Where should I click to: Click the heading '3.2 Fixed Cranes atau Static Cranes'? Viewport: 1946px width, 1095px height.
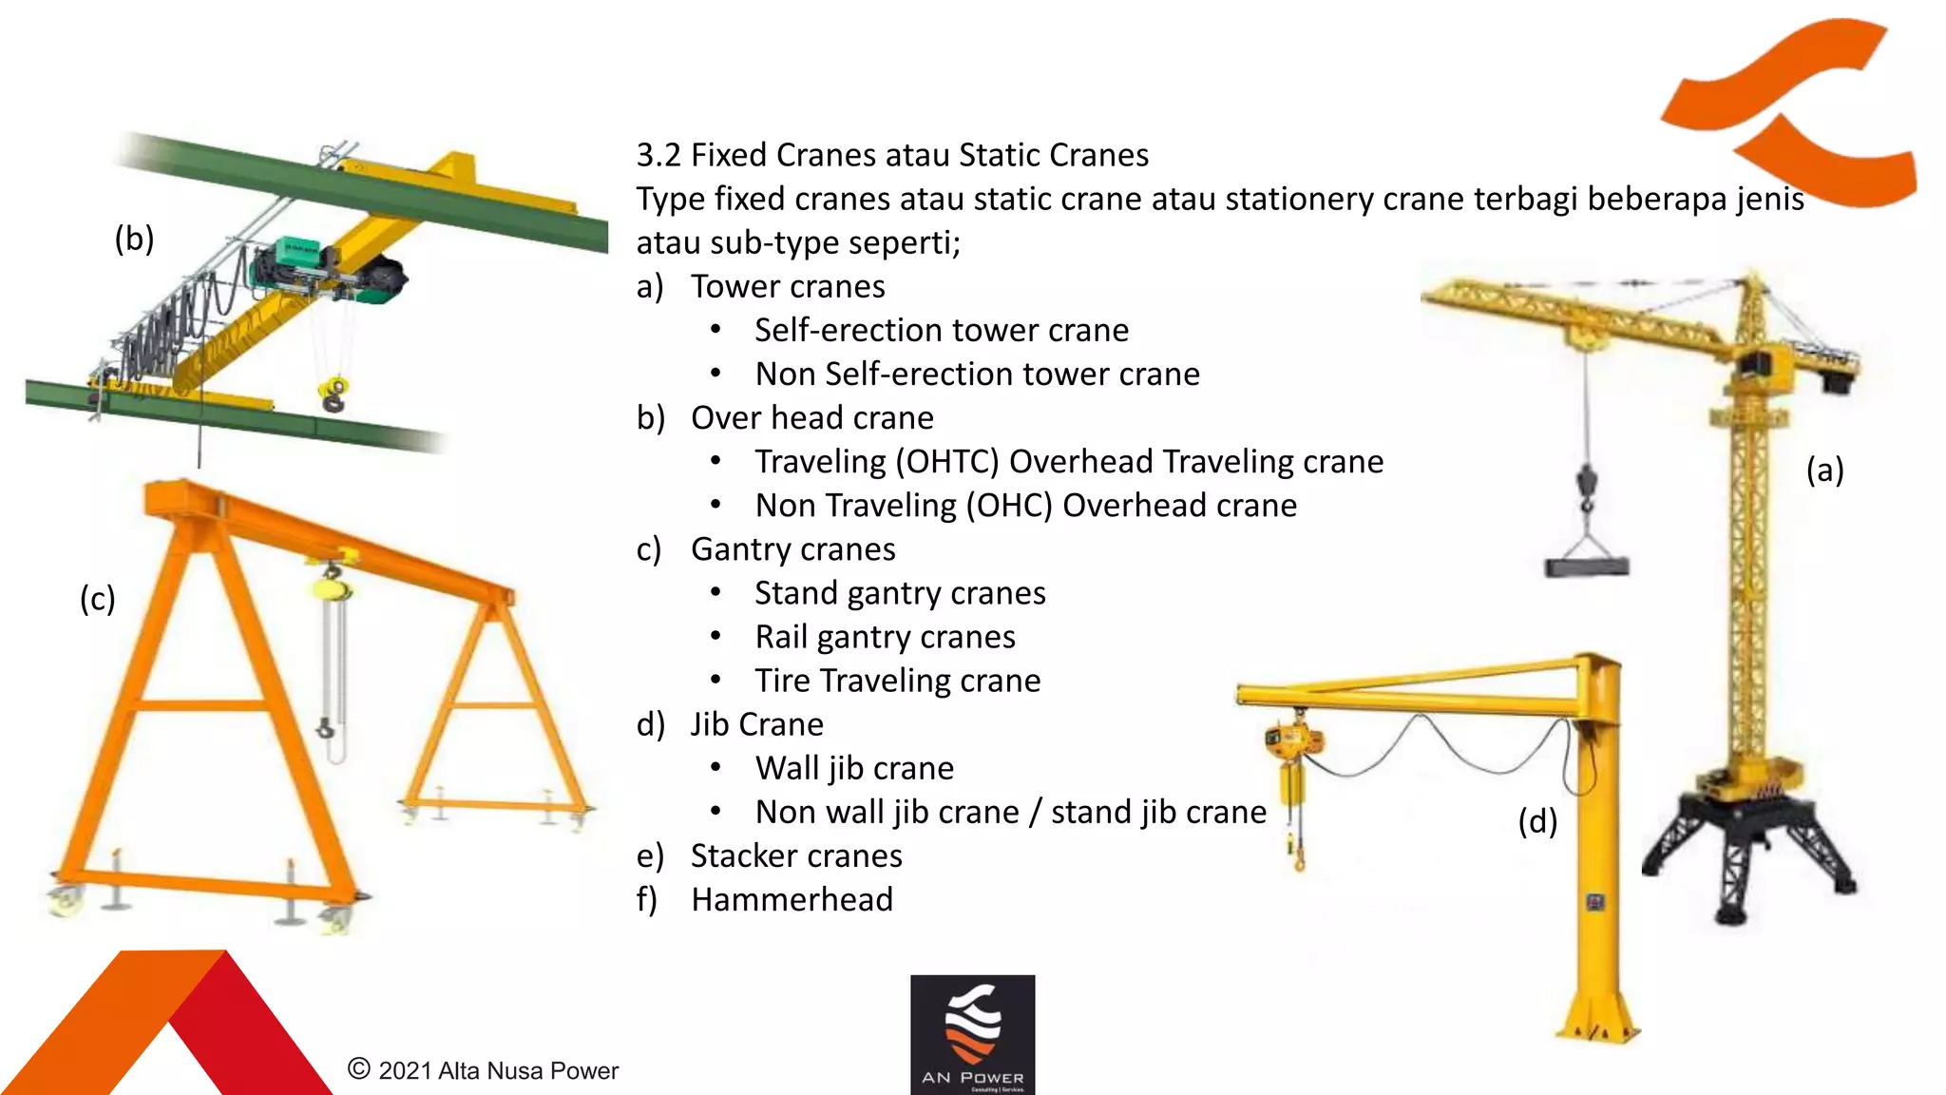[891, 155]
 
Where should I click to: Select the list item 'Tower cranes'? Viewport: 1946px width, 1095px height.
[787, 286]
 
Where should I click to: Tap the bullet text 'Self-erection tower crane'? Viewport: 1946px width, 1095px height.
[941, 330]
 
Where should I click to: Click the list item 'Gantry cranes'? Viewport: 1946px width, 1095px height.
[792, 549]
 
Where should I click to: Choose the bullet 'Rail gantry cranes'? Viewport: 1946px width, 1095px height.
[884, 637]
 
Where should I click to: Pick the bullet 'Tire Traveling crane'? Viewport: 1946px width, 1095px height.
[897, 681]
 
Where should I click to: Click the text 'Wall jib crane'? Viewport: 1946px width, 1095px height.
[853, 768]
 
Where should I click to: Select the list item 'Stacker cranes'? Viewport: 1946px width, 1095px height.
[795, 855]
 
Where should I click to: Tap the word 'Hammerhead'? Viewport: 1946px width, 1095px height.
[792, 899]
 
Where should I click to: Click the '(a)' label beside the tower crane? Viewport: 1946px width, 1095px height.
[1824, 470]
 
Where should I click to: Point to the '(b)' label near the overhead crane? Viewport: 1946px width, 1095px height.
[134, 239]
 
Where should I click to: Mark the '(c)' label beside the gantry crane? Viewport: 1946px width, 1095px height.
[97, 599]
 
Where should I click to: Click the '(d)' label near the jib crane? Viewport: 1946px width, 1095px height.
[1536, 821]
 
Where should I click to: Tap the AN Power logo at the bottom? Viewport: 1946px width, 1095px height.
[972, 1034]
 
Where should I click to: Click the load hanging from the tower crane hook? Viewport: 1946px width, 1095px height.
[1586, 567]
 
